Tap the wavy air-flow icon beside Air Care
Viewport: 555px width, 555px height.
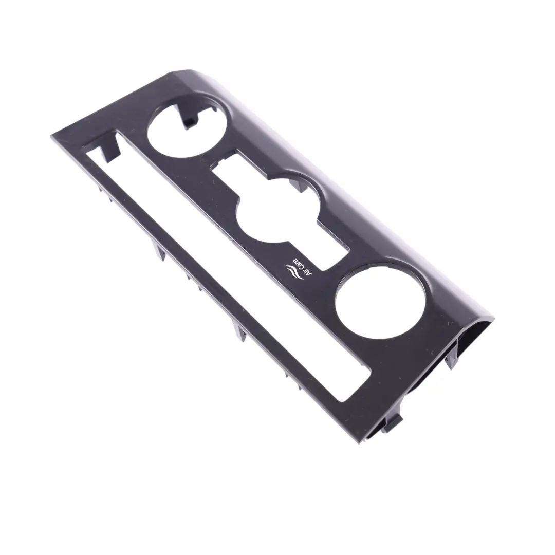[292, 273]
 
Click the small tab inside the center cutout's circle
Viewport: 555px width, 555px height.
[295, 183]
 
